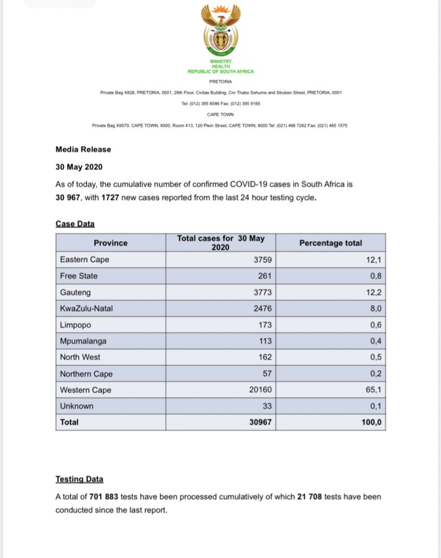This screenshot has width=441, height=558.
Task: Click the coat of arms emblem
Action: [220, 33]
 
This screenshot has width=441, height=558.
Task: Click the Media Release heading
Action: [83, 149]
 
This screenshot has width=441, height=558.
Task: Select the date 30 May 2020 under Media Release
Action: [80, 167]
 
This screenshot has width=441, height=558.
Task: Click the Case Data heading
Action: [75, 224]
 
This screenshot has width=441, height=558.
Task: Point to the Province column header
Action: [110, 243]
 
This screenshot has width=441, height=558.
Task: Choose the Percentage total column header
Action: [330, 243]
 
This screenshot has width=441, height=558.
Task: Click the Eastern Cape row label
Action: [84, 259]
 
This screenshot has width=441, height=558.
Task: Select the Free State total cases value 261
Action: [264, 276]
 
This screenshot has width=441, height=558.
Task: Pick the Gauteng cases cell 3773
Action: [262, 292]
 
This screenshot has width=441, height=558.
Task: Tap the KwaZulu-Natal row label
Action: [87, 308]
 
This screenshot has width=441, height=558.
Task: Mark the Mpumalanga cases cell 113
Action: [264, 341]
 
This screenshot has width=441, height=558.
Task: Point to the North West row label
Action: [80, 357]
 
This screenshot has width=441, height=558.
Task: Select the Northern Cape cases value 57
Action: [266, 374]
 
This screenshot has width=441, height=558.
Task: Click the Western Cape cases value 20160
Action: [260, 390]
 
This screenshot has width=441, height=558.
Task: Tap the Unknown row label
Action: [76, 406]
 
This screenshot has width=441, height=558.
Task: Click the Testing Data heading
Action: [79, 480]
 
